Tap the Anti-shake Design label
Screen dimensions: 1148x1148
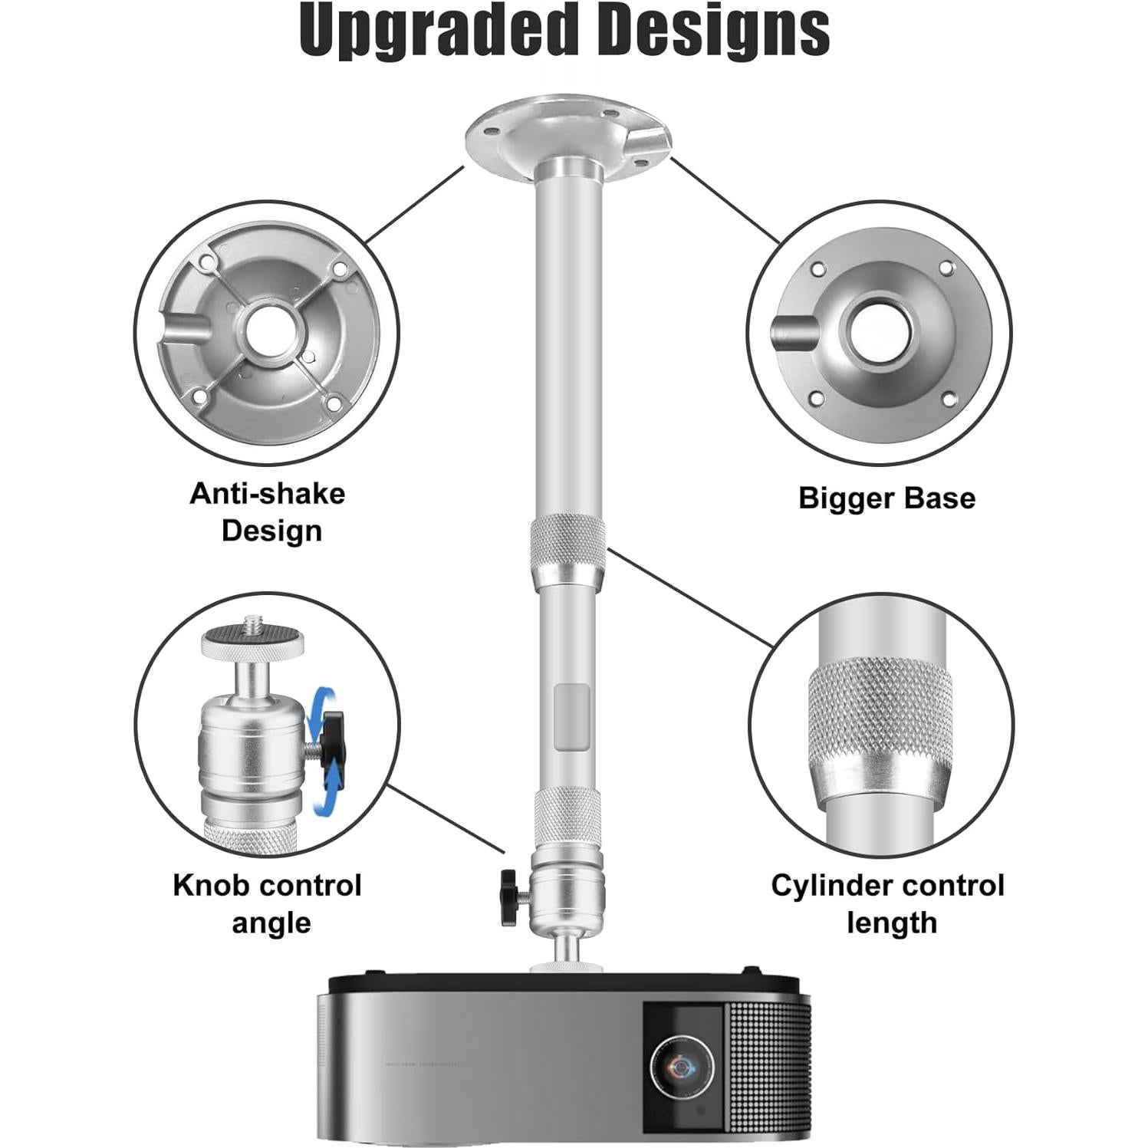(x=268, y=512)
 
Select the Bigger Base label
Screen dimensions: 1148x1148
(x=886, y=498)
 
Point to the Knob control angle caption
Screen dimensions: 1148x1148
(x=268, y=903)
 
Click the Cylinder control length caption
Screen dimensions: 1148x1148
(x=888, y=903)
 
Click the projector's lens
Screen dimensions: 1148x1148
(x=681, y=1067)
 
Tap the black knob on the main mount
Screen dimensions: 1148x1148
(x=509, y=896)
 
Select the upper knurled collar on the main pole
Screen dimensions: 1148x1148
(x=568, y=541)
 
